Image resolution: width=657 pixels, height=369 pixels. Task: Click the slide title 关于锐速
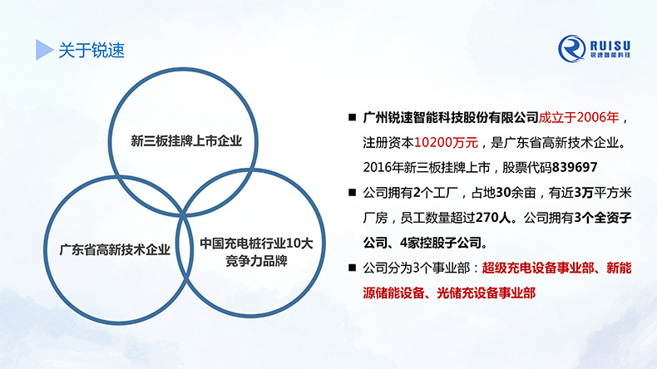click(x=91, y=50)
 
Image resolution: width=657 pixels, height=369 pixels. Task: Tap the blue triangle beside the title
click(x=44, y=50)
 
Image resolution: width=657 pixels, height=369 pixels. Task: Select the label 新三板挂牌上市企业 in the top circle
click(x=185, y=140)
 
